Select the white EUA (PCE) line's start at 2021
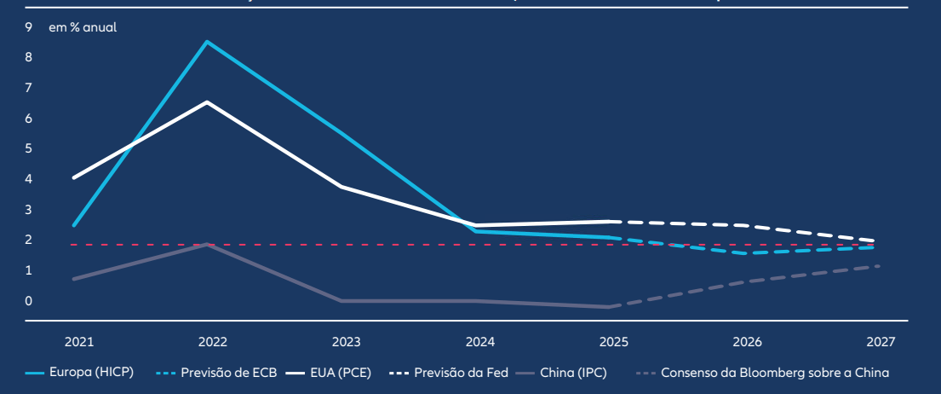tap(75, 177)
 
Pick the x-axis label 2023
tap(346, 342)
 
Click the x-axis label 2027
tap(881, 342)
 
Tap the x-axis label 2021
tap(78, 342)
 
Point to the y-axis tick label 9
tap(29, 27)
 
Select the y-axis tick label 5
tap(29, 148)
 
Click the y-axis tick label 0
tap(29, 301)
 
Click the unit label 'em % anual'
tap(83, 27)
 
